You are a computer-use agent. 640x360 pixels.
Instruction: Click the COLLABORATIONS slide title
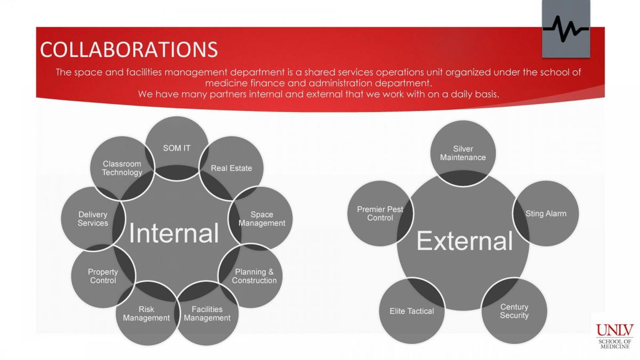pos(129,50)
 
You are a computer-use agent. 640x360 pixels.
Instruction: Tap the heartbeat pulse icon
pos(566,29)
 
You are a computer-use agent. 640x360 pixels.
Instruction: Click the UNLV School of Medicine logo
pos(615,335)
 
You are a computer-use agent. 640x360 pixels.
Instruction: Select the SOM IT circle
pos(177,148)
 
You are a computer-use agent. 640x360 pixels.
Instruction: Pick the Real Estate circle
pos(231,169)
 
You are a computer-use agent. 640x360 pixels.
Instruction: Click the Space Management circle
pos(261,219)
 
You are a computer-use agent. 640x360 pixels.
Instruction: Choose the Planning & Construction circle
pos(251,276)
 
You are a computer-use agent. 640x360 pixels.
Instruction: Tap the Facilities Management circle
pos(207,314)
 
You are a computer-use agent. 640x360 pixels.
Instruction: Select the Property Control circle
pos(103,276)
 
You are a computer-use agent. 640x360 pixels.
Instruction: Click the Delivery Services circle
pos(93,219)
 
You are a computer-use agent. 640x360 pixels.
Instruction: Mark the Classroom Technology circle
pos(122,169)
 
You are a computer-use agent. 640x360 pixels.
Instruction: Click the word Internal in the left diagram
pos(174,233)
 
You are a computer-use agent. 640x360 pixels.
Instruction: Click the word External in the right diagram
pos(465,241)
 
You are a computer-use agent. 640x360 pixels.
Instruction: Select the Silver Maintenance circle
pos(463,154)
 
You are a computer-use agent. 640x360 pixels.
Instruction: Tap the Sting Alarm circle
pos(546,213)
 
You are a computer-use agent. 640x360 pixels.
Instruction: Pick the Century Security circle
pos(514,311)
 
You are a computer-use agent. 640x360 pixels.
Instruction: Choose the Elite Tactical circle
pos(412,311)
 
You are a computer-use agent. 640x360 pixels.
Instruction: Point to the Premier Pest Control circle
pos(380,213)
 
